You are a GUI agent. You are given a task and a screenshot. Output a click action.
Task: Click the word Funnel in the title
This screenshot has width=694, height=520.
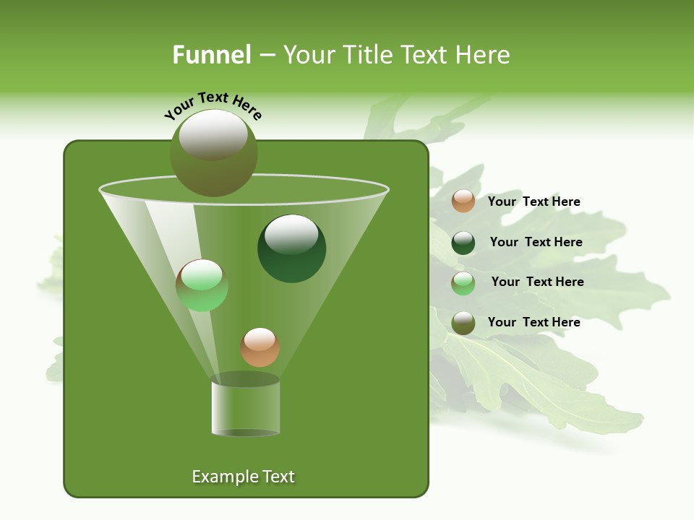click(x=211, y=55)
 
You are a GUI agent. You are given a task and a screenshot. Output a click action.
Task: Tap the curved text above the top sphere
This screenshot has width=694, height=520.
click(x=213, y=105)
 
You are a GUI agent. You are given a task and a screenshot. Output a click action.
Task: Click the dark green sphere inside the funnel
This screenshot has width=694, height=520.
click(x=291, y=249)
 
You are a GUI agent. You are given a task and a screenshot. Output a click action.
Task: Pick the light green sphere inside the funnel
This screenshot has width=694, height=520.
click(x=202, y=285)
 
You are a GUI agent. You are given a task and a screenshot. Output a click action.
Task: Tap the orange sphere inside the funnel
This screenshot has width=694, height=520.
click(x=260, y=347)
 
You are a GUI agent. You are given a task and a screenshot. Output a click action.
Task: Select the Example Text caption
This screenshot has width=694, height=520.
click(x=243, y=477)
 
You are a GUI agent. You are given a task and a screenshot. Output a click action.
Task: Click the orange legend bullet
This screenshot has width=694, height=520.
click(x=463, y=201)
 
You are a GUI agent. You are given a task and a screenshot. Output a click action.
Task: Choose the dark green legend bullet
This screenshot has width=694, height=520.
click(x=463, y=243)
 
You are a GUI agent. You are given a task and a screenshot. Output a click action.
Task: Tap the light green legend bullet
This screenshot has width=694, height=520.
click(x=463, y=283)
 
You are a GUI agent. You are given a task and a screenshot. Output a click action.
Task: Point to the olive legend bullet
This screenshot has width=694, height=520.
click(x=463, y=323)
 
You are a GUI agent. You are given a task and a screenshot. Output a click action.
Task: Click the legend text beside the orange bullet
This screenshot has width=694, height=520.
click(x=534, y=201)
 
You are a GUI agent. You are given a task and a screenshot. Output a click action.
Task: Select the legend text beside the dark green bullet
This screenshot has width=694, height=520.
click(x=536, y=242)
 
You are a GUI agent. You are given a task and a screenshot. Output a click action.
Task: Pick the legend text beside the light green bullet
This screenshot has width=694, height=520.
click(x=537, y=282)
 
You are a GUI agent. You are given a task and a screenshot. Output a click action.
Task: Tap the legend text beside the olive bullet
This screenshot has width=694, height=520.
click(x=534, y=322)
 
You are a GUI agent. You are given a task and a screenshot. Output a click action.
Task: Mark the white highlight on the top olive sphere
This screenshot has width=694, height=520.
click(x=213, y=134)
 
